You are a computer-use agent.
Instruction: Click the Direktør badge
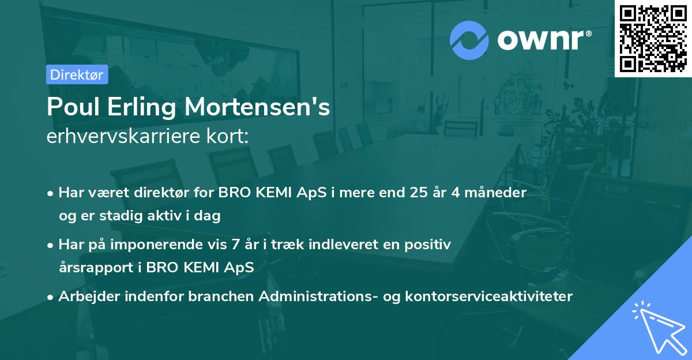click(77, 74)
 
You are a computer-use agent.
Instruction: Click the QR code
click(653, 39)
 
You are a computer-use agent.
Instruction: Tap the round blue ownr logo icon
click(469, 40)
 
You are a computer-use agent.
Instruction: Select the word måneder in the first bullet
click(498, 193)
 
